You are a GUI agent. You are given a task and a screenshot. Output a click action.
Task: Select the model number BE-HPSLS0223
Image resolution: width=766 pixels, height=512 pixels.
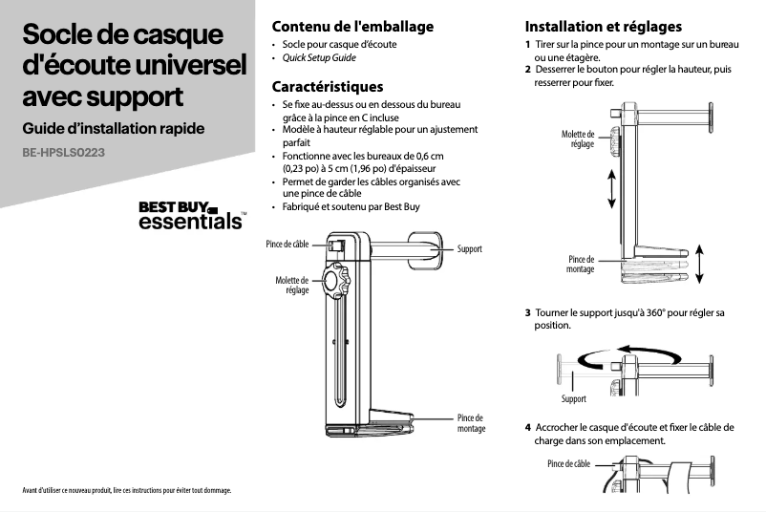coord(64,153)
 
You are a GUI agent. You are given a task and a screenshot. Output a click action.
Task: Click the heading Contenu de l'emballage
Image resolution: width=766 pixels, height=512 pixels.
coord(352,26)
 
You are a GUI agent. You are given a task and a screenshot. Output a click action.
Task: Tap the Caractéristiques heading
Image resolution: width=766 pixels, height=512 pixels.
coord(328,87)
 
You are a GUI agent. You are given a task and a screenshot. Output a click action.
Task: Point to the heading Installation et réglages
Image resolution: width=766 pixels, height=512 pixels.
coord(604,26)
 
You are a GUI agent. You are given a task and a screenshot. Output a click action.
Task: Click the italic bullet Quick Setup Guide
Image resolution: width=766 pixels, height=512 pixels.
coord(319,58)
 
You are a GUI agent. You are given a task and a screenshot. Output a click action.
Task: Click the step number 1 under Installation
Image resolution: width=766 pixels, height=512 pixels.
coord(528,46)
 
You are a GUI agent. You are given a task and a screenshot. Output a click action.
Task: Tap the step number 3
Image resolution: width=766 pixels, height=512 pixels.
coord(528,312)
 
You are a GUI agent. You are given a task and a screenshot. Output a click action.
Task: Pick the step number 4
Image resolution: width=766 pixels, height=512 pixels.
coord(528,427)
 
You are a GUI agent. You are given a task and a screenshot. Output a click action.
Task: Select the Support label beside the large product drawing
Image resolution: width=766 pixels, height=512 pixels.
coord(470,249)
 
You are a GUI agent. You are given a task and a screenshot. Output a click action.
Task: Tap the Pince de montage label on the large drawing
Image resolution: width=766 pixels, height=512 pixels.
coord(471,423)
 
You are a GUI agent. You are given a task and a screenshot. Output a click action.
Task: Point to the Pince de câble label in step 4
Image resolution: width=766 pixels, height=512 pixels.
coord(568,464)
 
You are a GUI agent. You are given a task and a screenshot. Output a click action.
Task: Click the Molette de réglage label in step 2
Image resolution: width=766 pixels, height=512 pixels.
coord(578,139)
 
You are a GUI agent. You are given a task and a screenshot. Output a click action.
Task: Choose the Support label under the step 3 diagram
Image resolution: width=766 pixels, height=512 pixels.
coord(574,398)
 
